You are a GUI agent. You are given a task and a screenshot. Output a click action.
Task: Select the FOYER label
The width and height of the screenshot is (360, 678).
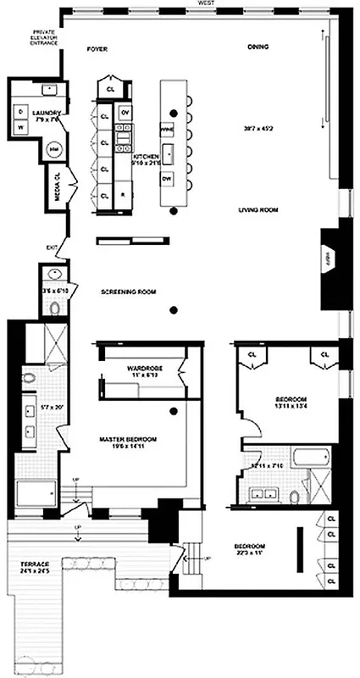[99, 50]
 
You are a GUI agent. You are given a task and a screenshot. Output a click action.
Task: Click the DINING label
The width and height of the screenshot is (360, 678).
[258, 47]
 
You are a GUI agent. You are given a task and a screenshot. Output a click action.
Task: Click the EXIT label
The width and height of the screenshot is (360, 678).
[53, 247]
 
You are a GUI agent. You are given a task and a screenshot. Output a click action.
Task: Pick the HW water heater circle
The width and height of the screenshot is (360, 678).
[54, 149]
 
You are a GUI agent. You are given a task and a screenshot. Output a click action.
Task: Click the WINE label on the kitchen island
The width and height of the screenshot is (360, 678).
[167, 129]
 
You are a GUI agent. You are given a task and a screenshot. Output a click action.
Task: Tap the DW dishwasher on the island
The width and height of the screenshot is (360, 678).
[167, 180]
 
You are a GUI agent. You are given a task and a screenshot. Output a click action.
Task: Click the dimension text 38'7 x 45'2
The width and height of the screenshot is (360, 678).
[256, 129]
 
